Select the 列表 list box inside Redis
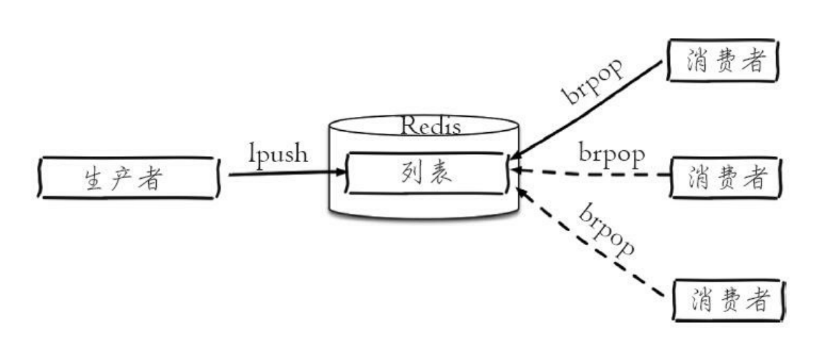coord(427,173)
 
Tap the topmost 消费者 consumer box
coord(722,62)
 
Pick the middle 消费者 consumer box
coord(726,177)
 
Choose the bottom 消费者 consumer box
coord(729,300)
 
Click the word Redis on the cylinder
coord(430,126)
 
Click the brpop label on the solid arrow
coord(593,82)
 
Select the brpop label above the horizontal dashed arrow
coord(611,154)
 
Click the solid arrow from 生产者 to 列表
coord(286,174)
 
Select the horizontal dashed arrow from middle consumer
coord(591,174)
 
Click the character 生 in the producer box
coord(94,179)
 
